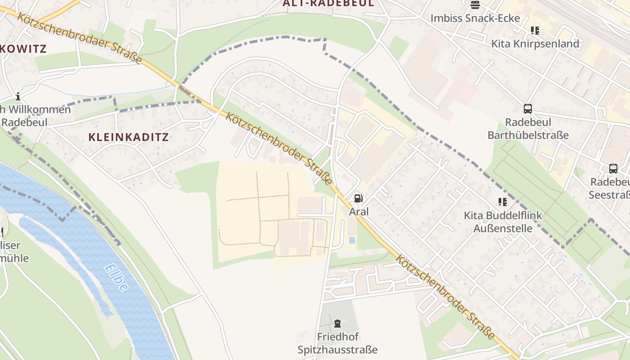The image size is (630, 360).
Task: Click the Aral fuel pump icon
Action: (358, 198)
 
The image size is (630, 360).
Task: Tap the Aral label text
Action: (359, 211)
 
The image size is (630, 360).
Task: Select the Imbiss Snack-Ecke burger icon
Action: (475, 5)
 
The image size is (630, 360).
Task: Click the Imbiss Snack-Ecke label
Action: (475, 18)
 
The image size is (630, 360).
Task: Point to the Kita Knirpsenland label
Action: (535, 44)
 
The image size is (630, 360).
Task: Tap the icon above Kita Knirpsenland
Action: (535, 31)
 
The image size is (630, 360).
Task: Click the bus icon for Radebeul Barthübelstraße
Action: (528, 109)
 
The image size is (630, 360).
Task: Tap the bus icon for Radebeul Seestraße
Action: (613, 169)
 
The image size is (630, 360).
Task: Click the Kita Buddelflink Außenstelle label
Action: (503, 222)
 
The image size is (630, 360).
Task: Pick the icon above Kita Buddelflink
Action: (502, 202)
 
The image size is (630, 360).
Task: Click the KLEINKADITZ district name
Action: (128, 137)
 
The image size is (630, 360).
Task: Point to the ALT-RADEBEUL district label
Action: (328, 3)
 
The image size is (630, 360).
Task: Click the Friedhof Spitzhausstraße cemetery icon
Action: (337, 323)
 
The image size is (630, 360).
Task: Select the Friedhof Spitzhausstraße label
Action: (337, 343)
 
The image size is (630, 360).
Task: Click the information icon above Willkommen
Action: (18, 96)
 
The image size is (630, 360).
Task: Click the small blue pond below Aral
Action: (352, 240)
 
